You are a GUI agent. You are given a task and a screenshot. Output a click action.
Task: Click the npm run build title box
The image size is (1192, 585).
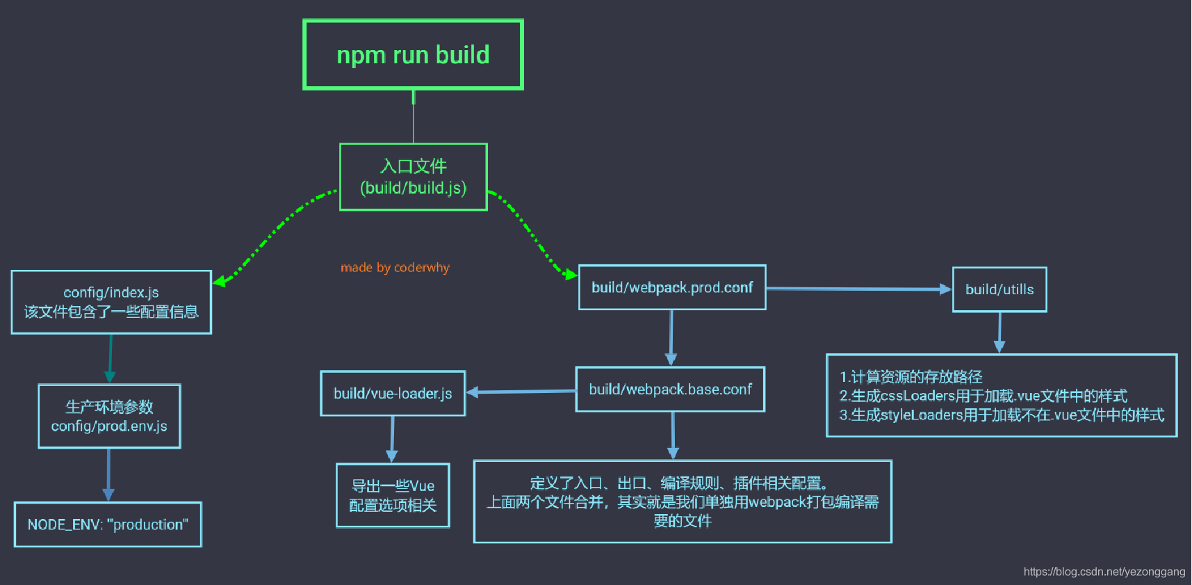[x=413, y=54]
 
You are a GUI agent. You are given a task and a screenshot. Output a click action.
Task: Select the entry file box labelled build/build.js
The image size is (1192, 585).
[x=413, y=177]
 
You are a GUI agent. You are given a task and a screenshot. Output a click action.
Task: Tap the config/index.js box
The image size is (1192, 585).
[x=111, y=302]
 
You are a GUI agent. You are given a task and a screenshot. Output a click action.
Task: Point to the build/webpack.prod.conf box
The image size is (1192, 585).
[x=672, y=287]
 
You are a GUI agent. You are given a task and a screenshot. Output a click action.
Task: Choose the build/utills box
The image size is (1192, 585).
[x=999, y=289]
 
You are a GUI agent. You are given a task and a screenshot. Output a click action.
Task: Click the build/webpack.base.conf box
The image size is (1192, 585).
[x=670, y=389]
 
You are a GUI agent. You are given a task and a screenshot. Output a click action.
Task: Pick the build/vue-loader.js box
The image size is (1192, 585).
[x=393, y=393]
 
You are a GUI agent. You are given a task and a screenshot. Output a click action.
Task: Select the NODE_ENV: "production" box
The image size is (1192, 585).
[x=108, y=524]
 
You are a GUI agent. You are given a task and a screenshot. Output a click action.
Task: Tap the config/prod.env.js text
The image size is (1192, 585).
[x=109, y=426]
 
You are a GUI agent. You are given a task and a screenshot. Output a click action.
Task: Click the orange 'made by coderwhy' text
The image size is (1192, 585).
[x=395, y=268]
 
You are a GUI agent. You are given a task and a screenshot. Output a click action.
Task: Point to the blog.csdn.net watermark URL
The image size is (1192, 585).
[x=1104, y=572]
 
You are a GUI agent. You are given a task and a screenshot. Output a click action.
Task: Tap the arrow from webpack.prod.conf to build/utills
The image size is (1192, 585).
[x=859, y=289]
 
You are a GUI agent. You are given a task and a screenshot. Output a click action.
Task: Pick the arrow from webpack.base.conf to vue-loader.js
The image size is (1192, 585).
[x=521, y=392]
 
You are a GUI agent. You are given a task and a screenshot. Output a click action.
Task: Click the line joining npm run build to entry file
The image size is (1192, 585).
[x=413, y=117]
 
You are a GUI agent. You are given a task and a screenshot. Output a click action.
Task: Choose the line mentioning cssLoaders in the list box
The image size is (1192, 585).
[x=983, y=396]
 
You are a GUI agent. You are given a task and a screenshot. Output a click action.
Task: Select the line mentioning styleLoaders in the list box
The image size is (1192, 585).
[x=1002, y=415]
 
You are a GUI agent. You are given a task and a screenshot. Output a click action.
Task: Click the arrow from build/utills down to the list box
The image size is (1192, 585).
[x=999, y=332]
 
